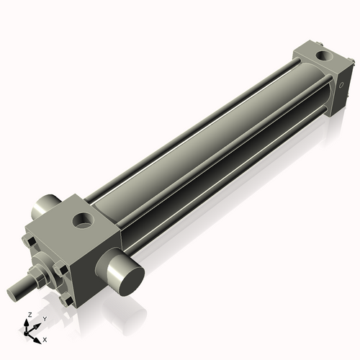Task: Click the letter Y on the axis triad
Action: tap(44, 318)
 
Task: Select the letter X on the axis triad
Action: tap(45, 338)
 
